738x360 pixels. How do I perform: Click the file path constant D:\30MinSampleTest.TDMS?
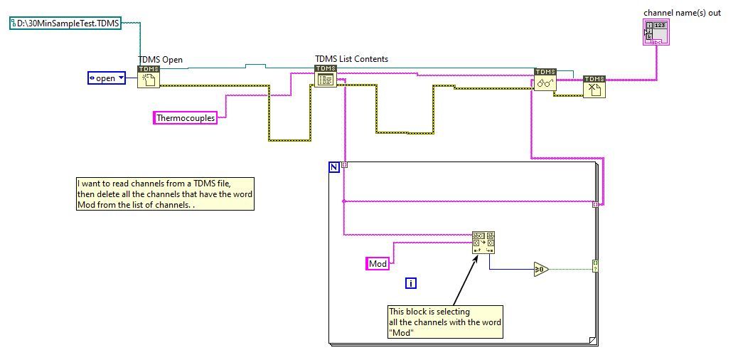(65, 23)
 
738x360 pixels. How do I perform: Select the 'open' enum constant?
(106, 78)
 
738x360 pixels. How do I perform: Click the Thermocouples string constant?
(185, 118)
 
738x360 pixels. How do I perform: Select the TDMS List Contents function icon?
(325, 76)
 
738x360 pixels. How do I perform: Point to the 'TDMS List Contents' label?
(351, 59)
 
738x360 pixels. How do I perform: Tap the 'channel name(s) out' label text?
(682, 13)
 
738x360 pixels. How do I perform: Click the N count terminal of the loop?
(334, 167)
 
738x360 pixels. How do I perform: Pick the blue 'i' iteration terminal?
(410, 283)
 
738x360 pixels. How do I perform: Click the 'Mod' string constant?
(378, 264)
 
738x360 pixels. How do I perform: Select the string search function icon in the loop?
(483, 243)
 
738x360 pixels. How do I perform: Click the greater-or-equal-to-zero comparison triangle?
(541, 269)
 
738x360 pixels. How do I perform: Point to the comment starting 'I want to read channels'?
(165, 194)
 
